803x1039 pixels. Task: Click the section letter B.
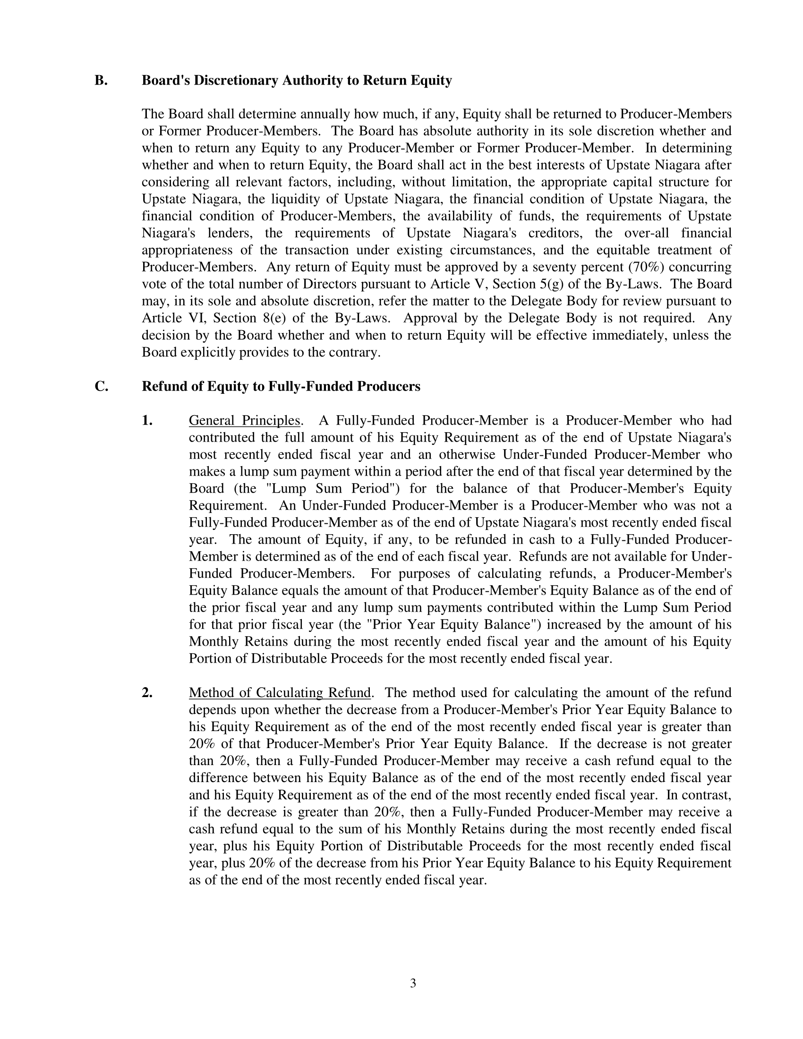101,80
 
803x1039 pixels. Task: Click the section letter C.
102,386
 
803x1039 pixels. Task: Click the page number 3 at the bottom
413,983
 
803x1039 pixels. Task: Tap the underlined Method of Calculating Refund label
279,693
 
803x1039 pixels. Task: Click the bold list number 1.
147,420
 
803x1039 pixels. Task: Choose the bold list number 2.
147,693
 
